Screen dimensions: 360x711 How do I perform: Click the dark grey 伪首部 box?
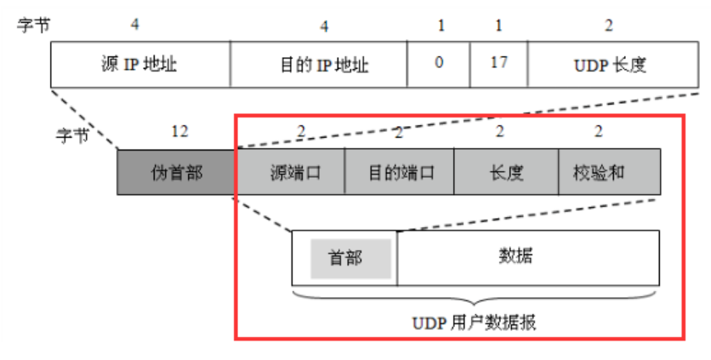click(176, 172)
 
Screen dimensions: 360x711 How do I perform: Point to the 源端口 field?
click(290, 172)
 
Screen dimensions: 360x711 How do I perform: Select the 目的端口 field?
click(400, 172)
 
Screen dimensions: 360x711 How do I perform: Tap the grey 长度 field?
click(506, 172)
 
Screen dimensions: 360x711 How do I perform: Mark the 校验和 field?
click(608, 172)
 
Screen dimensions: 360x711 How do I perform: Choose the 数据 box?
click(527, 258)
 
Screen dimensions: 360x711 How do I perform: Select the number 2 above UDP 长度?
click(608, 26)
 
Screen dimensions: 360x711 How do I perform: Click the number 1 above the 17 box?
click(498, 26)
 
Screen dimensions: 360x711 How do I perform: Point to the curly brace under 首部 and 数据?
click(475, 300)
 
